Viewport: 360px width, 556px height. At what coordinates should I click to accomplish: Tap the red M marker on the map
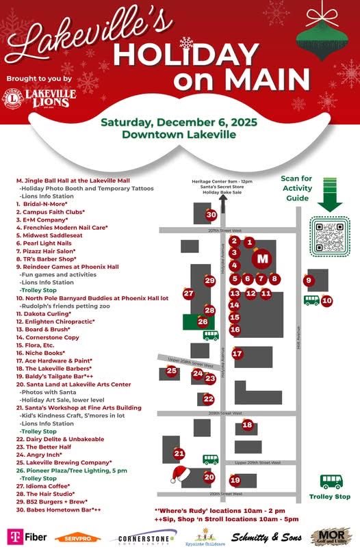point(262,259)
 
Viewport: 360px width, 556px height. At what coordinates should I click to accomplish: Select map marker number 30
point(211,215)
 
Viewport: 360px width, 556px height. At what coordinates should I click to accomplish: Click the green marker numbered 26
point(203,321)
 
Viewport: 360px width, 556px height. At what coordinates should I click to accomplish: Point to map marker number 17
point(237,354)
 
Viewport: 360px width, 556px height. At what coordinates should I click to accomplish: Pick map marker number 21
point(179,453)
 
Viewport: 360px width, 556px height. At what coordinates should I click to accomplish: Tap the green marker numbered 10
point(327,300)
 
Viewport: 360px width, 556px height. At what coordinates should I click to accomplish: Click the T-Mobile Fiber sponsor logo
point(27,537)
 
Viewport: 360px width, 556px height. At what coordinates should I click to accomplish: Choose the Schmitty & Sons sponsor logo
point(266,538)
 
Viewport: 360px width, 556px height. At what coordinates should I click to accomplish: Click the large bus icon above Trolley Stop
point(331,481)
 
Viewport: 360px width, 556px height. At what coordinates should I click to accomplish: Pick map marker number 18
point(248,425)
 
